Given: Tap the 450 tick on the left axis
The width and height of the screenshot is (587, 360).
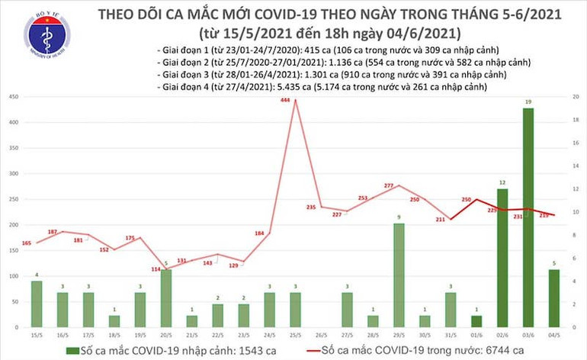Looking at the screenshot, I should pos(14,97).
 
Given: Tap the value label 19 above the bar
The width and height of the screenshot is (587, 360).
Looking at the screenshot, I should pos(528,101).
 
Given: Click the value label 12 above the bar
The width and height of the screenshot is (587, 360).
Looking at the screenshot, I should pos(502,183).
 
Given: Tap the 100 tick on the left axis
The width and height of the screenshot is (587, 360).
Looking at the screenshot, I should pos(14,276).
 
